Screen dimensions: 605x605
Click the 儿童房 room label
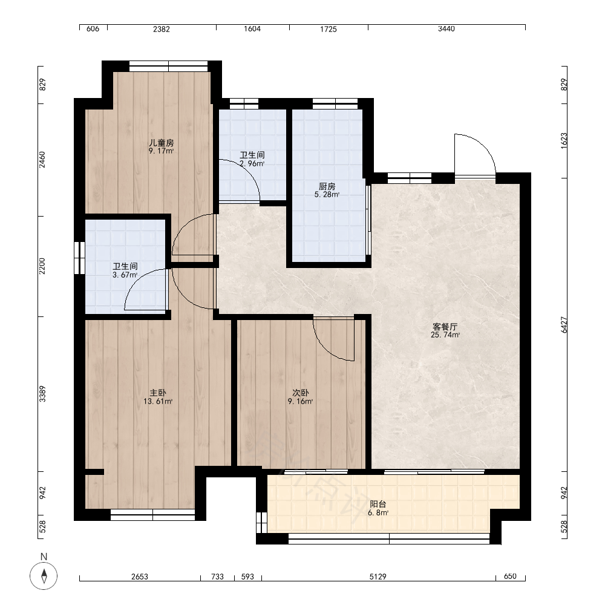click(162, 143)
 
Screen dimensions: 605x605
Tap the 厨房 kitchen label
click(327, 187)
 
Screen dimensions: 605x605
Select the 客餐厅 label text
click(445, 327)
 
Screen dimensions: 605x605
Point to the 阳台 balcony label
click(378, 505)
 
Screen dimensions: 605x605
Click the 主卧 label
click(158, 393)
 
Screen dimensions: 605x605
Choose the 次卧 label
click(300, 393)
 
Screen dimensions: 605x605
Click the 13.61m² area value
click(158, 401)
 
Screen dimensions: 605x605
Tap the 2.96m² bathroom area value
click(252, 163)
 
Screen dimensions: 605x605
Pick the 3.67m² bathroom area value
click(125, 275)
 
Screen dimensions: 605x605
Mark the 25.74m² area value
click(445, 335)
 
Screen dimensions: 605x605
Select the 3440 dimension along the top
click(446, 29)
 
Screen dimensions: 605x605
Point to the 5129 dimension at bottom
click(378, 577)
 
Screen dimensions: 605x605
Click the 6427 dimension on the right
click(564, 325)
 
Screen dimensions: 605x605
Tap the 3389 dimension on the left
click(42, 394)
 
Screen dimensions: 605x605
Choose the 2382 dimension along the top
click(162, 29)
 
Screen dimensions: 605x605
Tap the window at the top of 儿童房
click(169, 67)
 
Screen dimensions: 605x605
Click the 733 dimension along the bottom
click(217, 577)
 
